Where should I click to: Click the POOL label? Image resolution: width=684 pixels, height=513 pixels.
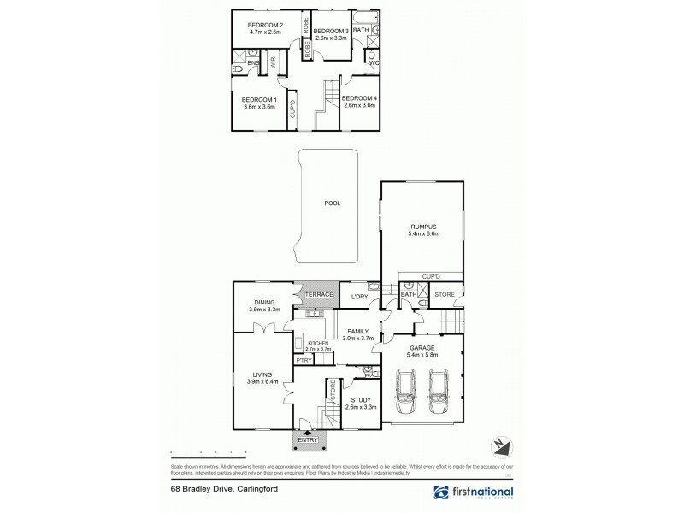tap(333, 204)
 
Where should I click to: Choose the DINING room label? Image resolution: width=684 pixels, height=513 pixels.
tap(263, 301)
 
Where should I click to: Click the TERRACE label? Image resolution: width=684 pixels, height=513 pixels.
tap(318, 295)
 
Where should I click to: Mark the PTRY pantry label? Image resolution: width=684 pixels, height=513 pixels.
tap(303, 361)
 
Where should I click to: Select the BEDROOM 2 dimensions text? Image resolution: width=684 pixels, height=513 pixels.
tap(265, 32)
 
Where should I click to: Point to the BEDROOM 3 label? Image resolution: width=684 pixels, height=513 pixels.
tap(332, 31)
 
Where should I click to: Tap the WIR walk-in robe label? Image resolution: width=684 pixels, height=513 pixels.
tap(274, 62)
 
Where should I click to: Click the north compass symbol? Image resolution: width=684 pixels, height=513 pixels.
tap(502, 445)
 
